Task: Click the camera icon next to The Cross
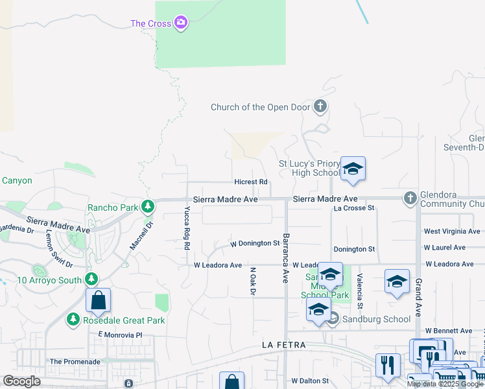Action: coord(181,23)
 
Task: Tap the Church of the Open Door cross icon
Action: coord(320,106)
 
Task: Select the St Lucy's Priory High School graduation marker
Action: coord(353,169)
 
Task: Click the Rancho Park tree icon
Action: coord(148,207)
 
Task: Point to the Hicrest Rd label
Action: coord(251,182)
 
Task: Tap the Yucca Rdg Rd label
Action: coord(186,228)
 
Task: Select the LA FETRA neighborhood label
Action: coord(283,345)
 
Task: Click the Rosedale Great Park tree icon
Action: coord(73,320)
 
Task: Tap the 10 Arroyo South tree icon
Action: coord(92,279)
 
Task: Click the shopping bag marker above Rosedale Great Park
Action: coord(98,300)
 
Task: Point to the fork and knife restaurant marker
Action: coord(388,365)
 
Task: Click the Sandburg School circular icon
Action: coord(333,318)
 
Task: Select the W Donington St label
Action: coord(255,244)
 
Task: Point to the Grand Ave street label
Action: coord(419,295)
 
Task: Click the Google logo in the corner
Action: coord(21,381)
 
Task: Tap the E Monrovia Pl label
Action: coord(119,335)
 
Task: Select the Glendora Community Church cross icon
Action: coord(410,198)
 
